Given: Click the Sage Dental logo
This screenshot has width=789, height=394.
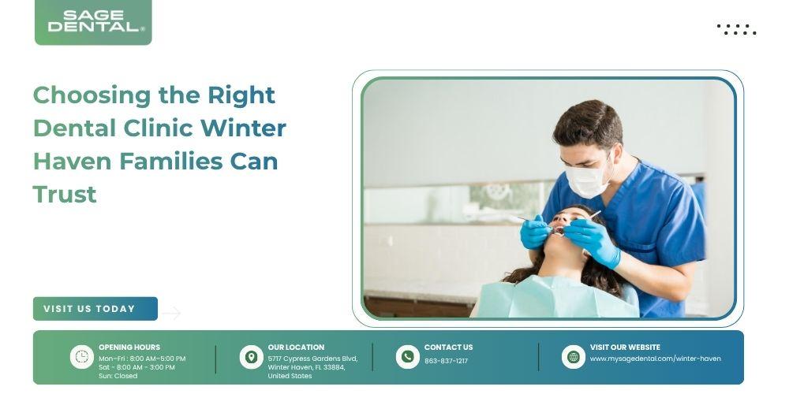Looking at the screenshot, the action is pyautogui.click(x=93, y=21).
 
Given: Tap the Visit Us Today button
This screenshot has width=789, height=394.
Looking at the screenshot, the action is pyautogui.click(x=95, y=309).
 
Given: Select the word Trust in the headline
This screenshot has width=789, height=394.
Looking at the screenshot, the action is pyautogui.click(x=65, y=194).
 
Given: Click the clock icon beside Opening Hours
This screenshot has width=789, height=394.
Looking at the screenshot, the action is pyautogui.click(x=81, y=357).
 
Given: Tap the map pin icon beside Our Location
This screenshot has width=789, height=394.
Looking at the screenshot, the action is pyautogui.click(x=251, y=357).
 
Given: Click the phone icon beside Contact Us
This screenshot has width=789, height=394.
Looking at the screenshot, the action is pyautogui.click(x=408, y=357).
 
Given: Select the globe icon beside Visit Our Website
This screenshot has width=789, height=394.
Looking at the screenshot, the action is pyautogui.click(x=574, y=357).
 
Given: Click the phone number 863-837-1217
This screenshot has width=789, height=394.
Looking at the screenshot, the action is pyautogui.click(x=447, y=361).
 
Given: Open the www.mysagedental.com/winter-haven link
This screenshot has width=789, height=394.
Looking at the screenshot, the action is pyautogui.click(x=655, y=359).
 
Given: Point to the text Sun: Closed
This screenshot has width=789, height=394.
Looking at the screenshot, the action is pyautogui.click(x=118, y=376).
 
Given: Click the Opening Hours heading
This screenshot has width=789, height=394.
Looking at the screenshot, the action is pyautogui.click(x=129, y=348).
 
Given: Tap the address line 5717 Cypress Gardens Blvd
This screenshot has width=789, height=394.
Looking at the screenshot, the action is pyautogui.click(x=312, y=359).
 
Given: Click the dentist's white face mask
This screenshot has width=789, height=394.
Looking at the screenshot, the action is pyautogui.click(x=588, y=179).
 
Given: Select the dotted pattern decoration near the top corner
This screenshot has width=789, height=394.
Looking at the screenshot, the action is pyautogui.click(x=737, y=29).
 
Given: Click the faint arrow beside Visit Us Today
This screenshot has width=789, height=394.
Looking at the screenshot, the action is pyautogui.click(x=171, y=313).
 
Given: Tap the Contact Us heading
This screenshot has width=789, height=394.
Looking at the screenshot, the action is pyautogui.click(x=448, y=348).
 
